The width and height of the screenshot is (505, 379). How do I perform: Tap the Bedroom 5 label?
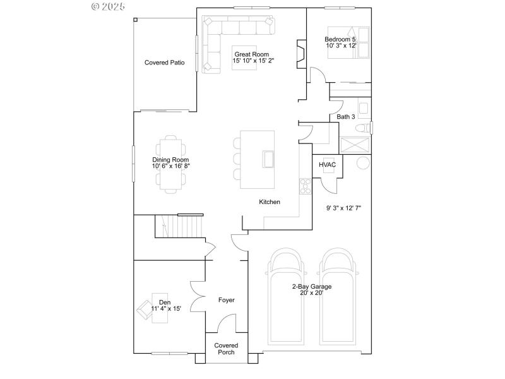(x=341, y=39)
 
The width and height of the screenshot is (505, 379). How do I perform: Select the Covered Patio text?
(x=164, y=63)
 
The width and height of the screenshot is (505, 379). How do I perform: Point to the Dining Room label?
(x=170, y=160)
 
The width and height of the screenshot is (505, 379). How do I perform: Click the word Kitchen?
(x=270, y=202)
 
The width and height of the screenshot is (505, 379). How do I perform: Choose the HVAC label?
(x=327, y=165)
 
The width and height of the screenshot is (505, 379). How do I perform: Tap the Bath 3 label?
(x=346, y=117)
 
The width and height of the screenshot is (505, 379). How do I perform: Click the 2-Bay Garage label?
(x=312, y=287)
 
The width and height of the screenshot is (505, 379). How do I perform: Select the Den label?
(x=165, y=303)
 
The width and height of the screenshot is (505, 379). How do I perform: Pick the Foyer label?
(x=226, y=300)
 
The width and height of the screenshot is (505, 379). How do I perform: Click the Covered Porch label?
(x=226, y=349)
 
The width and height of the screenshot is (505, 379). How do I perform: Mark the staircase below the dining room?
(x=182, y=226)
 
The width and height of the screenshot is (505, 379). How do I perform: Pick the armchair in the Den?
(x=145, y=310)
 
